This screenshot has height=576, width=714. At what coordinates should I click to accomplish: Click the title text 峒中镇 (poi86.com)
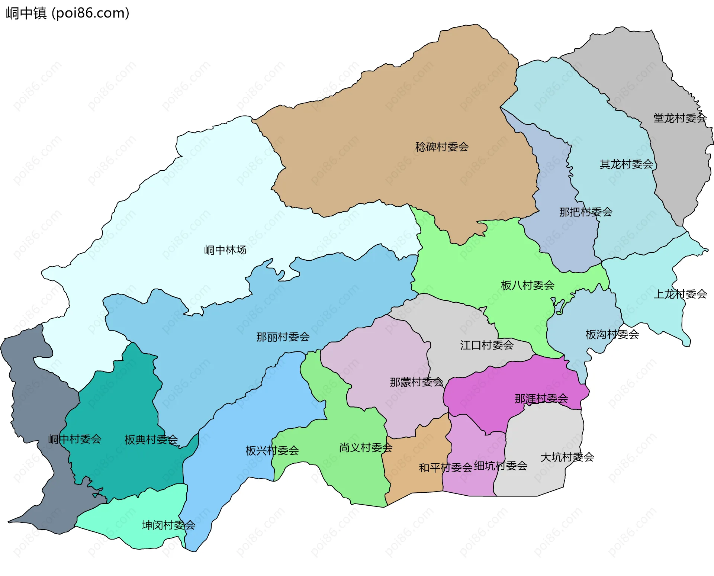point(68,13)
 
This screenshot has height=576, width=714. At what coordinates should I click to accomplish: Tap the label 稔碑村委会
point(442,147)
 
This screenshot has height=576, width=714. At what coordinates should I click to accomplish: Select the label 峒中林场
point(225,250)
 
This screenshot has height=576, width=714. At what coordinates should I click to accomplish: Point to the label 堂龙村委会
point(680,118)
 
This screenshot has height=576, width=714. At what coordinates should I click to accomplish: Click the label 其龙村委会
point(626,164)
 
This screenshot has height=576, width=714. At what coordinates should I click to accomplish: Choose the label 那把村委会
point(586,212)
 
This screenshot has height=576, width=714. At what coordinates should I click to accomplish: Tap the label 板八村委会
point(527,285)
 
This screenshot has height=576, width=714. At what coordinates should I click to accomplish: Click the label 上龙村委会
point(680,294)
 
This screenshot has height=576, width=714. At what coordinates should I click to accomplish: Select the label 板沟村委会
point(612,334)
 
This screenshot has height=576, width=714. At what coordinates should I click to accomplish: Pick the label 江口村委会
point(487,345)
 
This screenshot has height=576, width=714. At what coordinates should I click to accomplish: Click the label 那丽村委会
point(283,337)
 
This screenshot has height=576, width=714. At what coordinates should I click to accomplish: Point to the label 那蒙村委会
point(416,382)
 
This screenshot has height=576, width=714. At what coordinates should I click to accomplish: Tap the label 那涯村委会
point(541,399)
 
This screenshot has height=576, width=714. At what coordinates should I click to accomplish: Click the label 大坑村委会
point(567,457)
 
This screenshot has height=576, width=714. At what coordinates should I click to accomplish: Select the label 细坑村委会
point(501,466)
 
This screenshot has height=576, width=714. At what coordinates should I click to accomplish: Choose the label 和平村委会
point(446,467)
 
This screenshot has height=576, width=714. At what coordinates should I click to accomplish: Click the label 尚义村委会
point(366,447)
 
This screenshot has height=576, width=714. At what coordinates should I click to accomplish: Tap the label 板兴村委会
point(272,451)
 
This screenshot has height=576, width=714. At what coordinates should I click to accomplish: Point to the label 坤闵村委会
point(168,525)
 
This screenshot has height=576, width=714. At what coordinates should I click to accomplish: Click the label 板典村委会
point(151,440)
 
